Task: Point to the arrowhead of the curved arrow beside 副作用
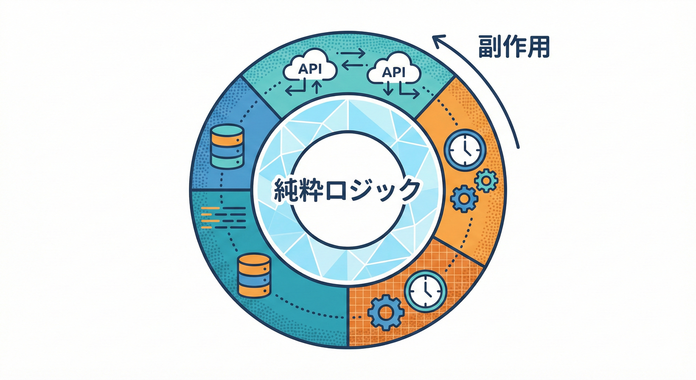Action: pyautogui.click(x=435, y=37)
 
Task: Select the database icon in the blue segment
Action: pyautogui.click(x=227, y=146)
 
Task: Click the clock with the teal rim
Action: pyautogui.click(x=425, y=290)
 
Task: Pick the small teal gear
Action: pyautogui.click(x=486, y=181)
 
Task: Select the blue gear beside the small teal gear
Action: pyautogui.click(x=464, y=198)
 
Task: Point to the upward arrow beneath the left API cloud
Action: pyautogui.click(x=317, y=88)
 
